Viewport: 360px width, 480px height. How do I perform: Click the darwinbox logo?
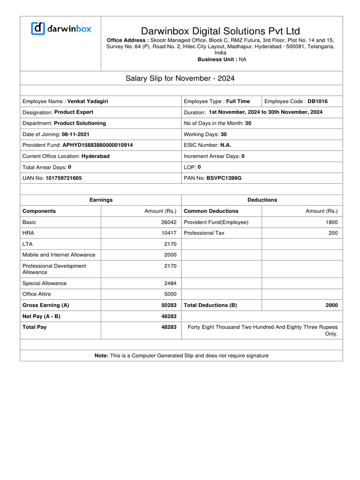(61, 29)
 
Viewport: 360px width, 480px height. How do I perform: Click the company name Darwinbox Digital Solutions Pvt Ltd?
(220, 31)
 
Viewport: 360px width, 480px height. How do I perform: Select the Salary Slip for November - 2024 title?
(180, 78)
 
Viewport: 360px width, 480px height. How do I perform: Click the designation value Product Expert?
(74, 112)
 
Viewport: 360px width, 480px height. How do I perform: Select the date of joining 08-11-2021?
(75, 135)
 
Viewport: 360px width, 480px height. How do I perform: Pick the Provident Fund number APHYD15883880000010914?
(97, 145)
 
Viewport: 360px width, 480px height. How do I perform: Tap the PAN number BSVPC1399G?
(224, 178)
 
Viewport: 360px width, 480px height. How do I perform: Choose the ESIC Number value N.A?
(226, 145)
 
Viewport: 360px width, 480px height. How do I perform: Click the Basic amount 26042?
(169, 222)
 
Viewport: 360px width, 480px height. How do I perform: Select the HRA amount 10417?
(169, 233)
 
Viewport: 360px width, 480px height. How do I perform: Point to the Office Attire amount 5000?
(170, 294)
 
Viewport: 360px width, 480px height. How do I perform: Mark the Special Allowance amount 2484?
(170, 283)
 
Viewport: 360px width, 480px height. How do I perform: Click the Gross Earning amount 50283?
(169, 305)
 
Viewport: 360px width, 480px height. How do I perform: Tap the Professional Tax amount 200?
(332, 233)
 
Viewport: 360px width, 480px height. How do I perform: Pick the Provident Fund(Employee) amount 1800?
(331, 222)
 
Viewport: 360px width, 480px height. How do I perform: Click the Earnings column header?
(101, 200)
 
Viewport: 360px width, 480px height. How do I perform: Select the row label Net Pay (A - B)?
(41, 316)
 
